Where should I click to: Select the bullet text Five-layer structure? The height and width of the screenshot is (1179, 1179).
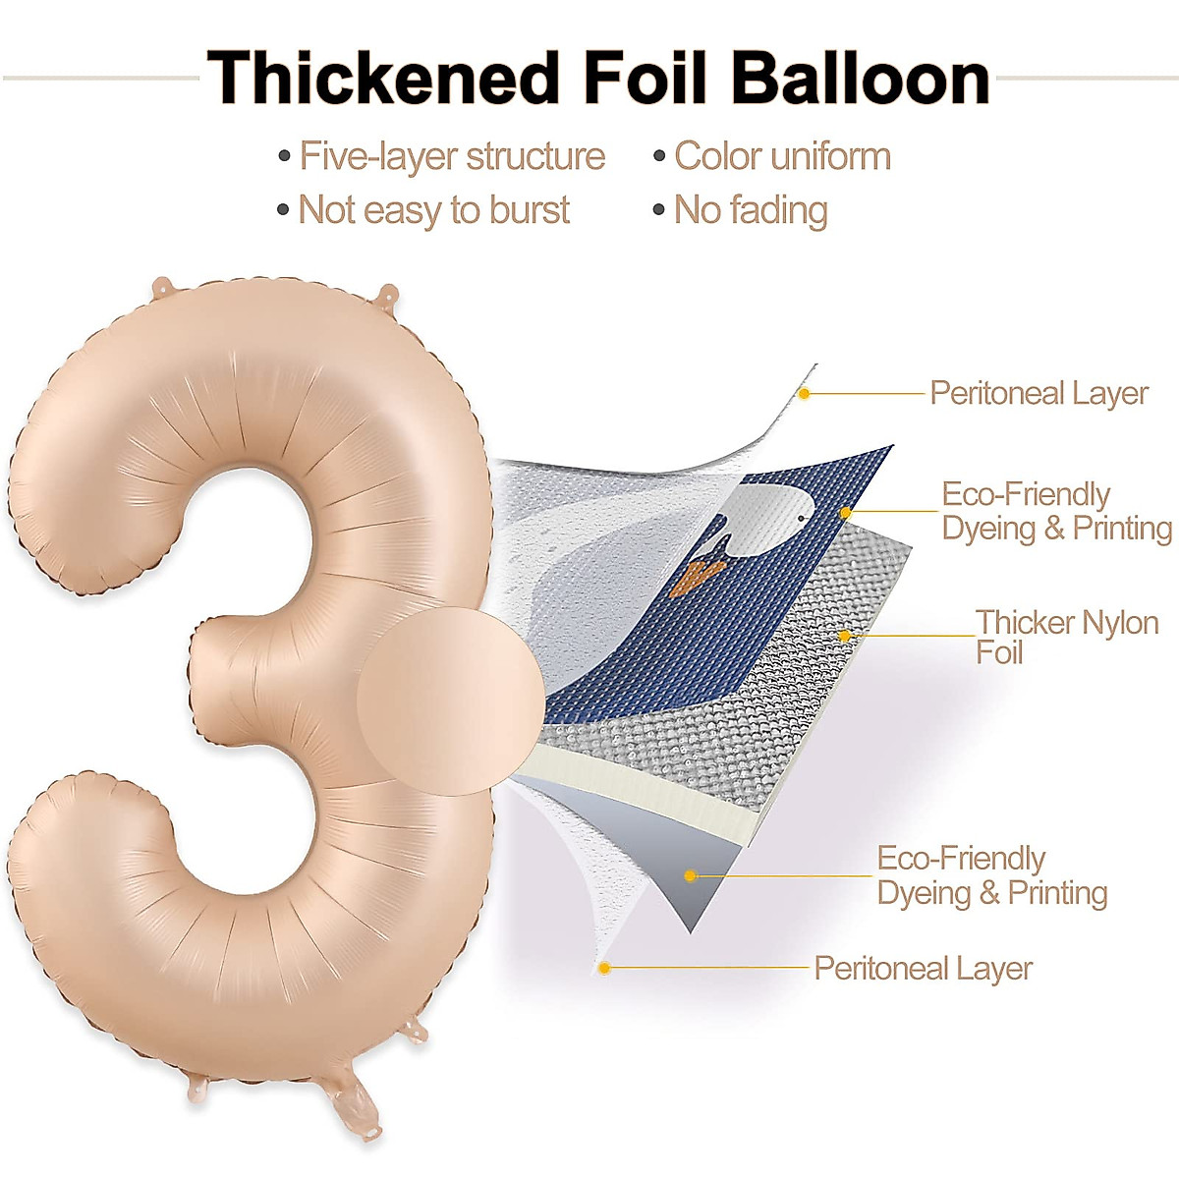coord(452,156)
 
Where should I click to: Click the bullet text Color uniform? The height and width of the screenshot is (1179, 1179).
coord(782,156)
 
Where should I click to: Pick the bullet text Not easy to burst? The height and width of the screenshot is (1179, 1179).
coord(433,209)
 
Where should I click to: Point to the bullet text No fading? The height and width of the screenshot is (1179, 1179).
coord(751,209)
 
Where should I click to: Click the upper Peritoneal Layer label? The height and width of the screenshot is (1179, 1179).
coord(1039,393)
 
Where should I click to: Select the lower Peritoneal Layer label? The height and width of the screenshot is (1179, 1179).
coord(923,968)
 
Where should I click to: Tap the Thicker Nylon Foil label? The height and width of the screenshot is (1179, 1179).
coord(1066,637)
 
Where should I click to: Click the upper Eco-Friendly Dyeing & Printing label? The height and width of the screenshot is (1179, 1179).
coord(1056,511)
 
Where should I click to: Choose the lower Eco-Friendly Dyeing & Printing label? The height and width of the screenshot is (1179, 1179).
coord(991,875)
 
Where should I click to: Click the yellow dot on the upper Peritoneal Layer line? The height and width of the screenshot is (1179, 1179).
coord(804,394)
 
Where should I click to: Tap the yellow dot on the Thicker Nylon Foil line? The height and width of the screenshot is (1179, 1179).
coord(844,636)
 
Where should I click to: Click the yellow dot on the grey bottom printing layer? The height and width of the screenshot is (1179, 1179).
coord(691,875)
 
